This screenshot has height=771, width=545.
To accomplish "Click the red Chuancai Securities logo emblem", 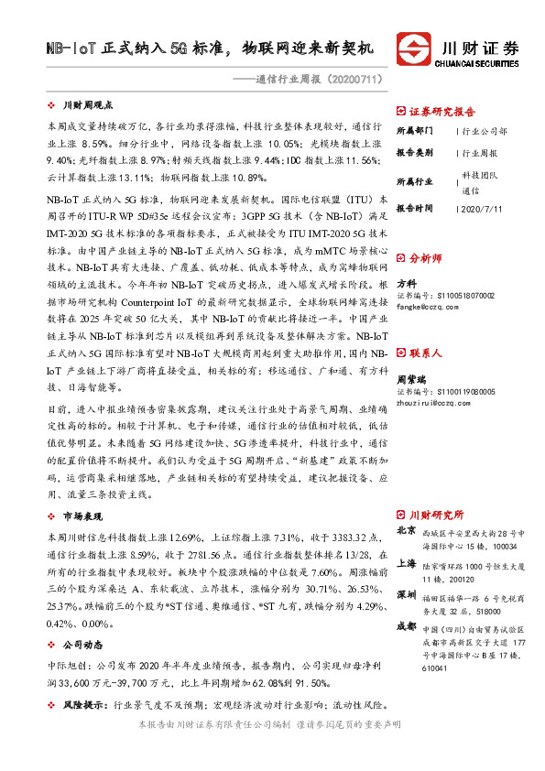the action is pos(414,47).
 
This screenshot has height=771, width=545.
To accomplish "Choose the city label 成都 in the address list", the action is pos(406,626).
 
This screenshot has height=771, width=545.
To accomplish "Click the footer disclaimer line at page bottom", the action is pos(268,749).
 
